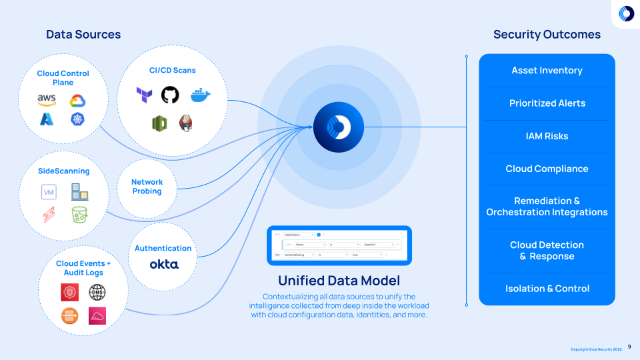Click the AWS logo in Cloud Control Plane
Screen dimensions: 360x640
[x=47, y=100]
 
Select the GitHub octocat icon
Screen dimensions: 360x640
[x=170, y=95]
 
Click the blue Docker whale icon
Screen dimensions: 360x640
[x=200, y=95]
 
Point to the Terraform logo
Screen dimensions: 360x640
[x=144, y=95]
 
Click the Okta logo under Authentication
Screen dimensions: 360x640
[x=163, y=265]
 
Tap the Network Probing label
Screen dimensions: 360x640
[x=147, y=187]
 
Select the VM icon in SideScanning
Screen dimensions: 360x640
[x=48, y=193]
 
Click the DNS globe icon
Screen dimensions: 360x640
[x=97, y=292]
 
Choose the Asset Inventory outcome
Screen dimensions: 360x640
[x=547, y=71]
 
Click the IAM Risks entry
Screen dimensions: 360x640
[x=547, y=136]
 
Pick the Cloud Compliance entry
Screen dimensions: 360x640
[x=547, y=169]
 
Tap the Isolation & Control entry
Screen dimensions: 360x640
[x=547, y=289]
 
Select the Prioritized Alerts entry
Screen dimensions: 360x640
[x=547, y=103]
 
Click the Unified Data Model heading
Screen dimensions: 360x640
[x=339, y=281]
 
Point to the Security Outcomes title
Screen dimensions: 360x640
[x=547, y=35]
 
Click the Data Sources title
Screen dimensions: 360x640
[x=83, y=35]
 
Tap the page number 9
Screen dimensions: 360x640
[x=629, y=347]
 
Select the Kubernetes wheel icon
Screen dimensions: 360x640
[x=78, y=119]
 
